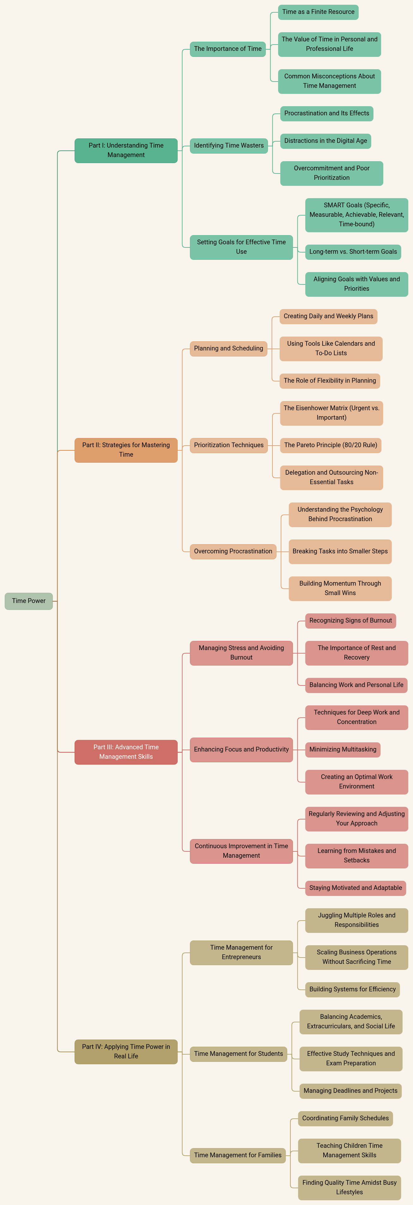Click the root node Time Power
point(28,601)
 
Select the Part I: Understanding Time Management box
point(126,150)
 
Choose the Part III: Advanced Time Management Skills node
point(126,752)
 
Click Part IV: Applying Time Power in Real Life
point(126,1051)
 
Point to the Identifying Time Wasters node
point(229,145)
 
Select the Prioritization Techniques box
point(229,445)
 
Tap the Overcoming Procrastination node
point(233,551)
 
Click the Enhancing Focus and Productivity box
point(241,749)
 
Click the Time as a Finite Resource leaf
point(318,12)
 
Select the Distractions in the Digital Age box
point(325,141)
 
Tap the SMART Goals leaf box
point(356,215)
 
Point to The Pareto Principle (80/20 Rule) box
point(331,445)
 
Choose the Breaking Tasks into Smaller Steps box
point(340,551)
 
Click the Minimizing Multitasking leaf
point(343,749)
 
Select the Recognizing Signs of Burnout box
point(350,621)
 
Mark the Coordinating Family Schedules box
point(345,1118)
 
